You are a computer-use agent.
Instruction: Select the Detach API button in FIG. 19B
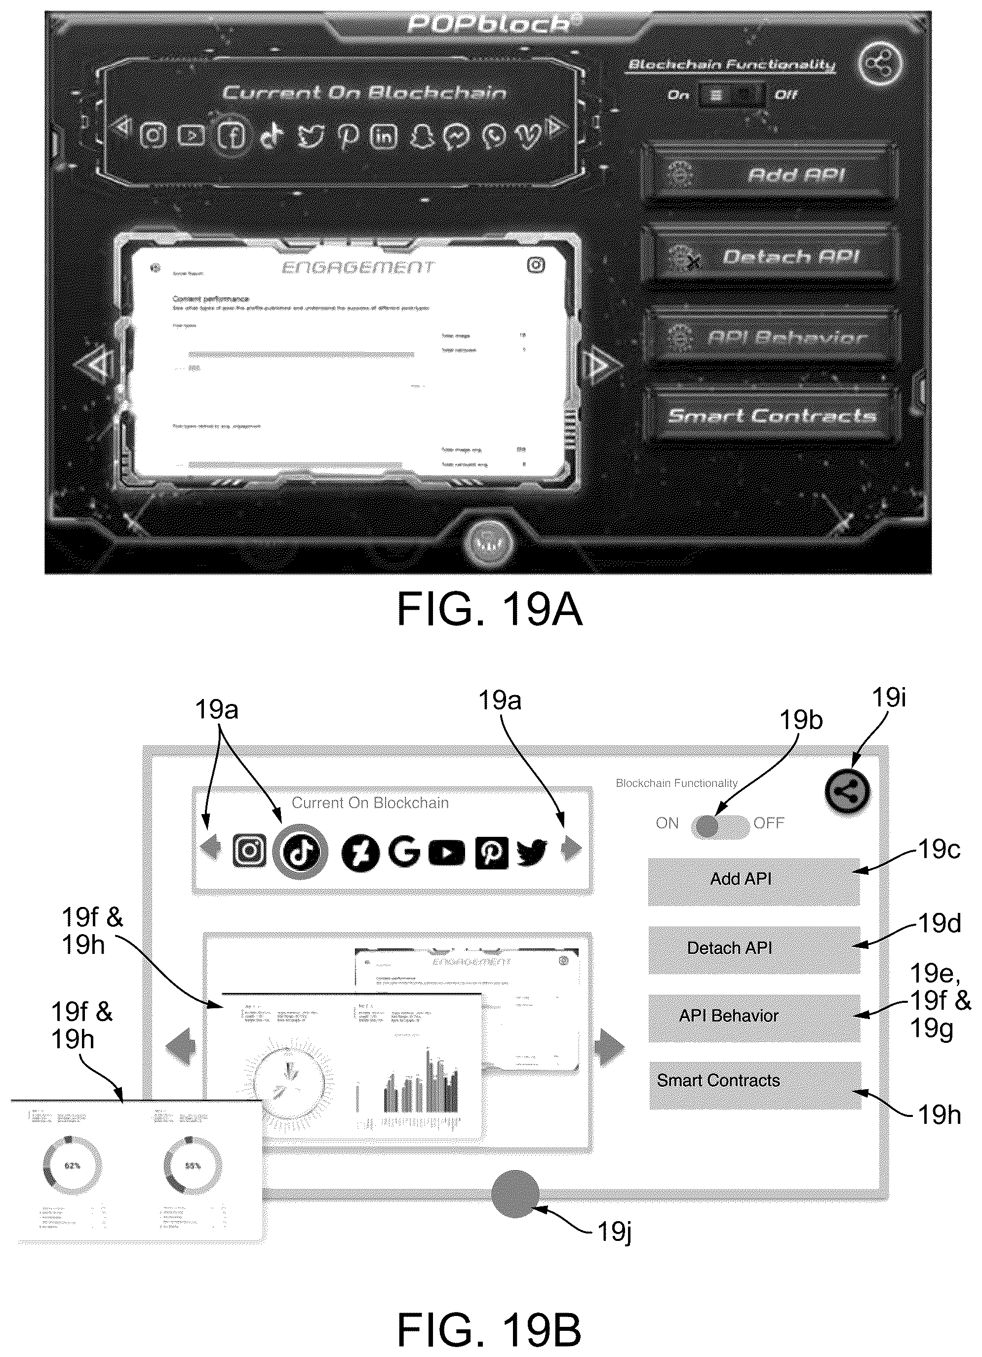pyautogui.click(x=753, y=949)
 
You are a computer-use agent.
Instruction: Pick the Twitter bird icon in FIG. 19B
pyautogui.click(x=531, y=852)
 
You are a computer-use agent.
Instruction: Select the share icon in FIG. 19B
pyautogui.click(x=847, y=791)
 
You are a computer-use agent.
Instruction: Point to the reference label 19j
pyautogui.click(x=614, y=1232)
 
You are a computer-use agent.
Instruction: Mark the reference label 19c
pyautogui.click(x=939, y=848)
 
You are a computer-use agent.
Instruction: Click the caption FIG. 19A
pyautogui.click(x=489, y=610)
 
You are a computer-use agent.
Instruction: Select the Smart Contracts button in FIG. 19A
pyautogui.click(x=772, y=415)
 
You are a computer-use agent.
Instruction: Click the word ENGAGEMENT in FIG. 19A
pyautogui.click(x=357, y=267)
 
